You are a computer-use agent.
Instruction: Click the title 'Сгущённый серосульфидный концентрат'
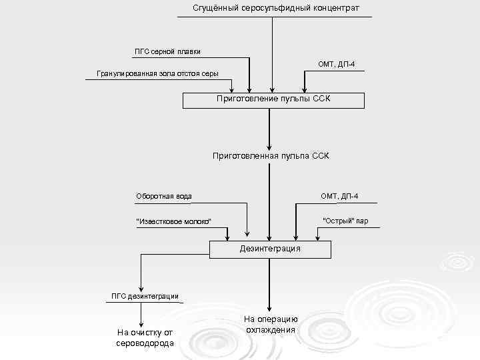click(275, 8)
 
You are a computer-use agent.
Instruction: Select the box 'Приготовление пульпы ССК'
click(273, 101)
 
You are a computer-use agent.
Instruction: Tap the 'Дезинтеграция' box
click(270, 249)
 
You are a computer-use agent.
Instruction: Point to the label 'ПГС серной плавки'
click(167, 52)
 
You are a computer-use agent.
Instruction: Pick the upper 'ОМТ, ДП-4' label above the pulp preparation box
click(337, 63)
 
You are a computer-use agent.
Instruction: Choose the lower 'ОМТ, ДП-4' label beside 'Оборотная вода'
click(339, 196)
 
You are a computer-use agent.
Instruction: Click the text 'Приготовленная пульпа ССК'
click(271, 156)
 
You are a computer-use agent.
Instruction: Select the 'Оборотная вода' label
click(164, 196)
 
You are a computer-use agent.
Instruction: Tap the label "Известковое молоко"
click(173, 221)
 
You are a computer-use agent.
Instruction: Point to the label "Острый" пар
click(345, 220)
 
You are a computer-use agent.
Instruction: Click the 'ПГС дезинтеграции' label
click(145, 296)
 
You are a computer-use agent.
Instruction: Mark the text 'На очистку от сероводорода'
click(145, 337)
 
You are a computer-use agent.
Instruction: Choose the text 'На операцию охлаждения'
click(270, 325)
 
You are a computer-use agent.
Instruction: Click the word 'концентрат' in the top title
click(334, 8)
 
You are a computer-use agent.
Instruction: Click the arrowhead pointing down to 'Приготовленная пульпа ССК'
click(270, 146)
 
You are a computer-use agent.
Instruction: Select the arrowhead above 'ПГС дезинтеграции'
click(141, 287)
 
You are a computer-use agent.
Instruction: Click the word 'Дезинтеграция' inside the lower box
click(270, 249)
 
